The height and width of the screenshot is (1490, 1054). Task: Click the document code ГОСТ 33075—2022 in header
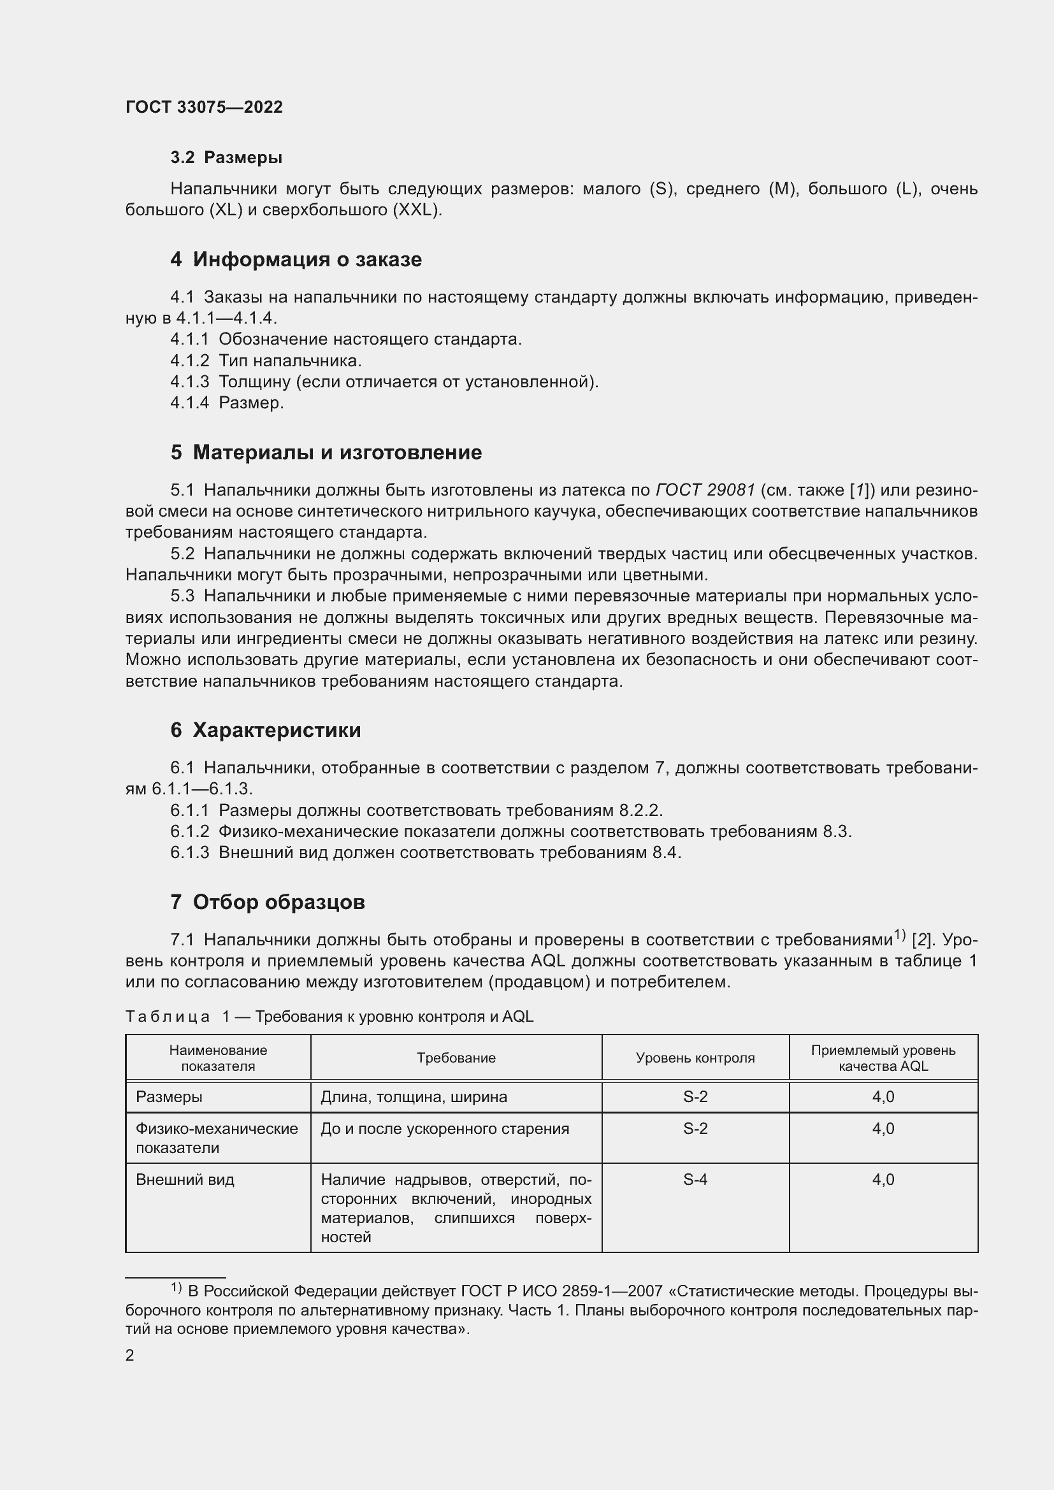pyautogui.click(x=204, y=107)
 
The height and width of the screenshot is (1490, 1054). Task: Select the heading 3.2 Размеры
pyautogui.click(x=226, y=157)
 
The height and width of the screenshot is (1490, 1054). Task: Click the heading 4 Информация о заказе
pyautogui.click(x=296, y=259)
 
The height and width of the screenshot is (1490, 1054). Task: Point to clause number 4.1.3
pyautogui.click(x=189, y=382)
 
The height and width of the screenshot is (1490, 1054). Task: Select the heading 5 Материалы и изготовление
pyautogui.click(x=326, y=452)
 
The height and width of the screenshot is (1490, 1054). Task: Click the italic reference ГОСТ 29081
pyautogui.click(x=705, y=490)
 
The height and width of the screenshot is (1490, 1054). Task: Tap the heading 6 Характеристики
pyautogui.click(x=266, y=730)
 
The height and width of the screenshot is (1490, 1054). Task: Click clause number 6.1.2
pyautogui.click(x=189, y=831)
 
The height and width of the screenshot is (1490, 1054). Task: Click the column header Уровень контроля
pyautogui.click(x=695, y=1058)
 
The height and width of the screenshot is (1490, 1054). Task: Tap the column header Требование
pyautogui.click(x=456, y=1058)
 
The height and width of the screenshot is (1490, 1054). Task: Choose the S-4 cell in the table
pyautogui.click(x=695, y=1180)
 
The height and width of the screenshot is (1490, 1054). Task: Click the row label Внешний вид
pyautogui.click(x=184, y=1180)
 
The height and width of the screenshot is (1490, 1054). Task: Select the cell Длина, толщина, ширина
pyautogui.click(x=414, y=1097)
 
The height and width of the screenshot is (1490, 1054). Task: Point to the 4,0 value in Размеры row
pyautogui.click(x=883, y=1097)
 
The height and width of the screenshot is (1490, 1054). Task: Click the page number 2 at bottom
pyautogui.click(x=130, y=1356)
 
